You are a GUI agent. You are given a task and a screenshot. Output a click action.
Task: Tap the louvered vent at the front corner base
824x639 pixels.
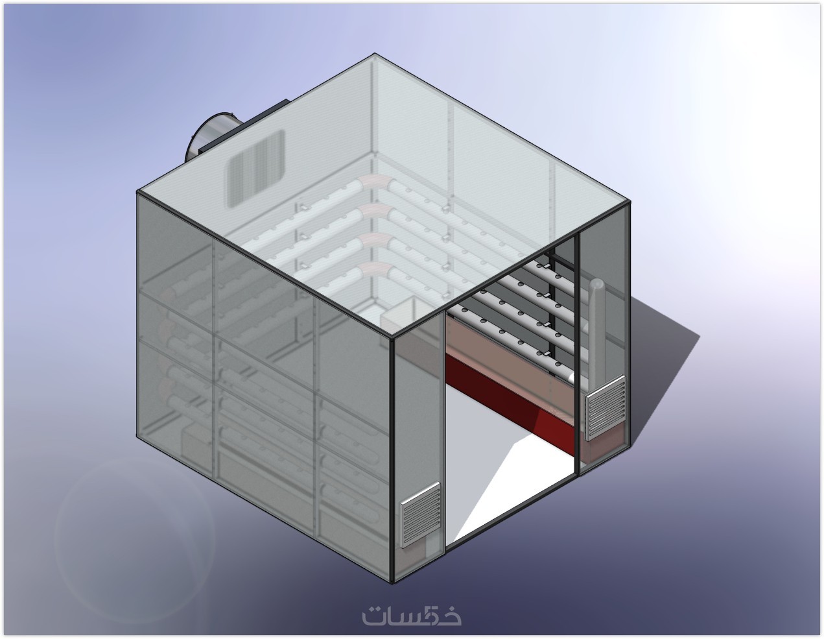coord(421,515)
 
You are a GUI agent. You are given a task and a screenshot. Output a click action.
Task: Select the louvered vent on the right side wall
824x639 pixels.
coord(606,408)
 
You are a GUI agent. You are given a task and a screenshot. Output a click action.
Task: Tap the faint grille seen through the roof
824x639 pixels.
coord(256,168)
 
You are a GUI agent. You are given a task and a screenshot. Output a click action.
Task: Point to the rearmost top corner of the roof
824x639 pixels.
coord(375,54)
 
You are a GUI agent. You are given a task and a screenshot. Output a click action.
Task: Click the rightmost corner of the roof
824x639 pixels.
coord(630,201)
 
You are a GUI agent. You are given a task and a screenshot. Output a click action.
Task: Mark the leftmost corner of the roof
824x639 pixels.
coord(137,192)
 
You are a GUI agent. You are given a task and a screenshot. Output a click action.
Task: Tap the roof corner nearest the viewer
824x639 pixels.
coord(392,337)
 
